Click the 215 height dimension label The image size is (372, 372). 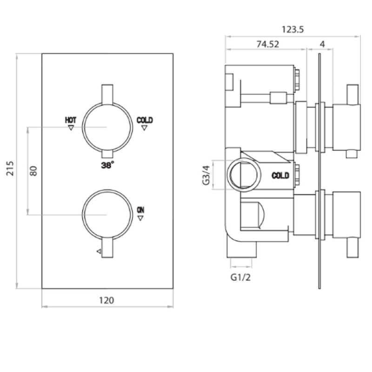[10, 171]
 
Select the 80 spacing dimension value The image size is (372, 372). [33, 170]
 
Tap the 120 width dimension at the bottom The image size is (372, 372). [107, 300]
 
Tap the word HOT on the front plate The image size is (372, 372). [71, 120]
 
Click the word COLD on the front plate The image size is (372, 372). [145, 120]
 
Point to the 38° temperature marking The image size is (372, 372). [107, 164]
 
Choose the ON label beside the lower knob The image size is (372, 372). [141, 210]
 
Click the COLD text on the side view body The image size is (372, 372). [280, 175]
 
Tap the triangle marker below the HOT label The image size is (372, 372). [71, 127]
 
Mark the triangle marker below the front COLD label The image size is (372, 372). [145, 127]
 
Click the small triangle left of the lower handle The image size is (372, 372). [99, 251]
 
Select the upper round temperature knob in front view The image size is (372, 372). [107, 127]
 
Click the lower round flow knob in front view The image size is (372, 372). [107, 214]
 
